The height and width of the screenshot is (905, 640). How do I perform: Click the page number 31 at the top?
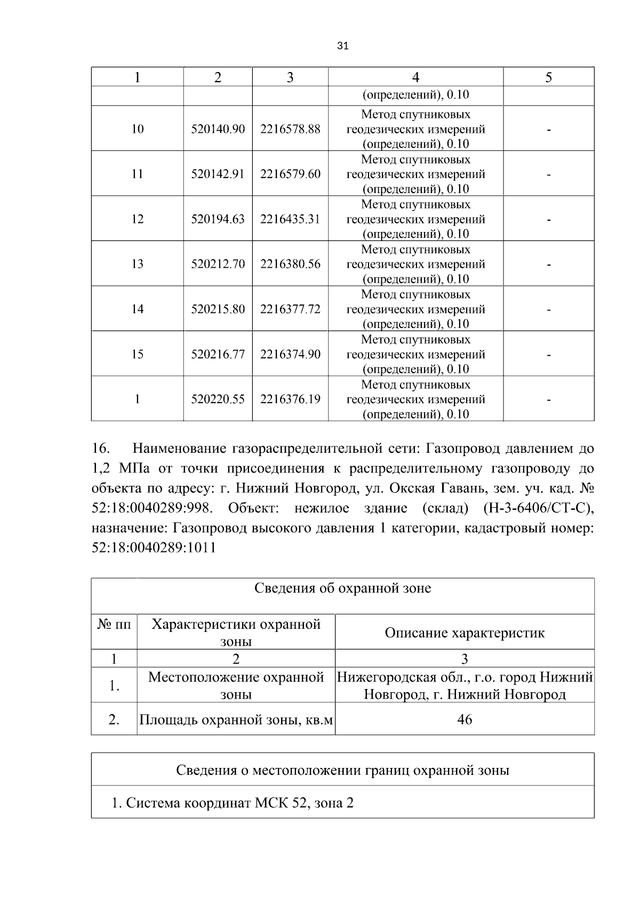click(343, 46)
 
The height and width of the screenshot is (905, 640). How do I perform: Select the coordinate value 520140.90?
click(218, 129)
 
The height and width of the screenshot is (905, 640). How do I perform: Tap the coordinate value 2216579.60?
click(290, 174)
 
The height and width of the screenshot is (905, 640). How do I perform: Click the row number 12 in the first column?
click(138, 219)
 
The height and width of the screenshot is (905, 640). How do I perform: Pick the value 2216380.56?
click(290, 264)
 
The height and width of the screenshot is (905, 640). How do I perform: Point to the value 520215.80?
click(218, 309)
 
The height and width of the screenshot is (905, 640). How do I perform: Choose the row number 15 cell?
click(138, 354)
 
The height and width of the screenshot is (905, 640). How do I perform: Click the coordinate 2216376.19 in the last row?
click(290, 399)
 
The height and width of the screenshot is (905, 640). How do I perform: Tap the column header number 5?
click(548, 77)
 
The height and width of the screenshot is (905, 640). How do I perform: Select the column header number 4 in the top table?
click(415, 77)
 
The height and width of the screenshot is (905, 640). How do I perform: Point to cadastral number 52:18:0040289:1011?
click(154, 548)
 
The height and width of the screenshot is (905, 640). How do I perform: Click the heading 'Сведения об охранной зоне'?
click(342, 588)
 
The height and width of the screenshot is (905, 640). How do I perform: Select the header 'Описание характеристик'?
click(465, 633)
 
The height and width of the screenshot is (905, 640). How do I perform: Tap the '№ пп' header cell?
click(114, 624)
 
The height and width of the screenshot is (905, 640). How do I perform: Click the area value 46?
click(465, 719)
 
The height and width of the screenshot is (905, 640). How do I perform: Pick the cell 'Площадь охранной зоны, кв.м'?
click(236, 720)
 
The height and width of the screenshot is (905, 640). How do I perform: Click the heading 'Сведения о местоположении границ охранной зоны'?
click(342, 770)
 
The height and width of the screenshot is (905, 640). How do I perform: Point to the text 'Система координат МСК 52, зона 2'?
click(233, 803)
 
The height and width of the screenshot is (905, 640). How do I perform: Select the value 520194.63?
click(218, 219)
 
